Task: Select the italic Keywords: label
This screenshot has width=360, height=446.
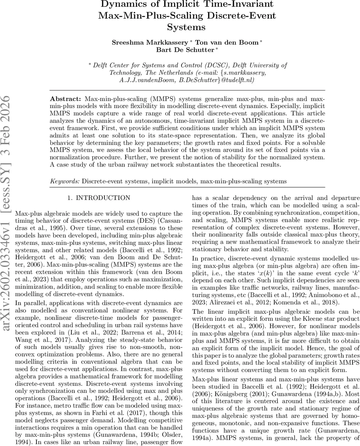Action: click(x=65, y=181)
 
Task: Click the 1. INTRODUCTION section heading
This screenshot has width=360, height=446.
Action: click(x=99, y=198)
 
